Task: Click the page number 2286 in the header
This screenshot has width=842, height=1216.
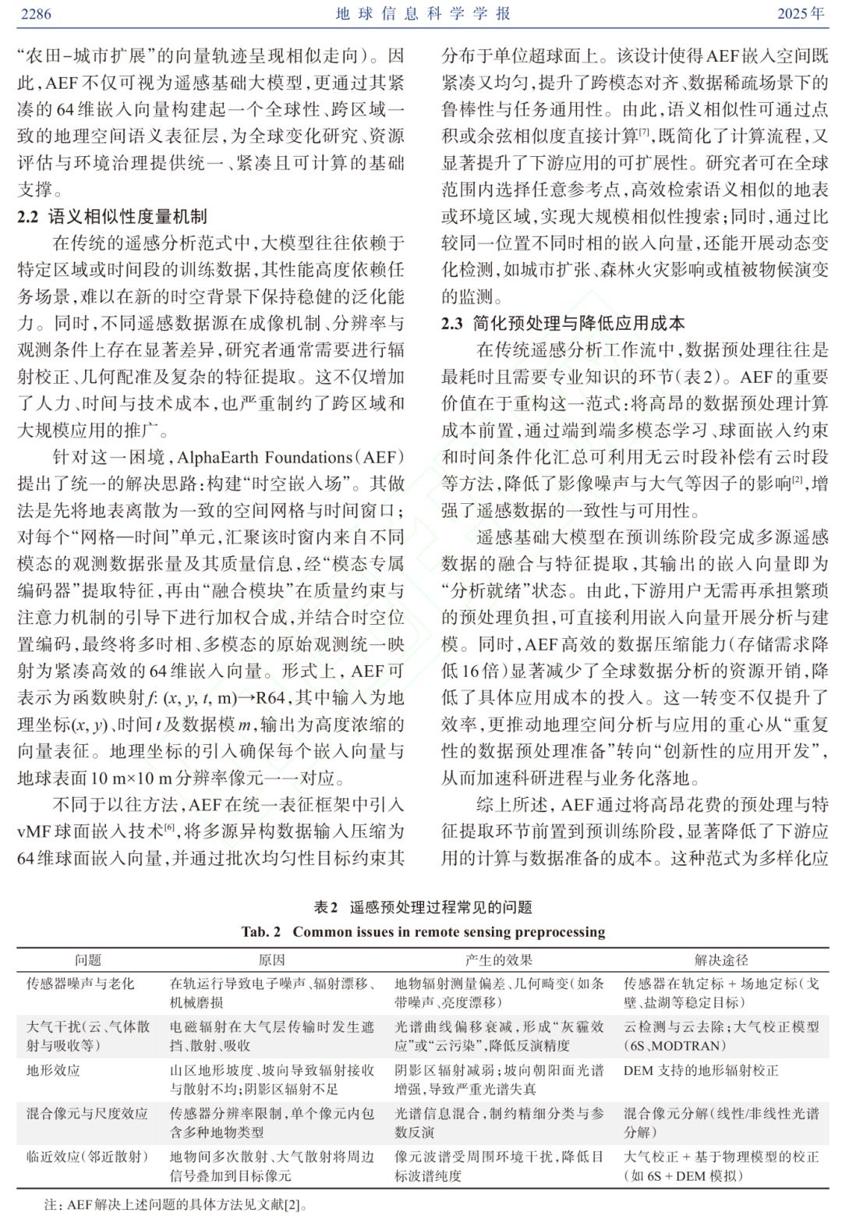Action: pyautogui.click(x=34, y=14)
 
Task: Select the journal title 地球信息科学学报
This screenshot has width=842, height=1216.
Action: pyautogui.click(x=423, y=14)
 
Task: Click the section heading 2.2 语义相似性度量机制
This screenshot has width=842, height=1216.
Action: pyautogui.click(x=112, y=217)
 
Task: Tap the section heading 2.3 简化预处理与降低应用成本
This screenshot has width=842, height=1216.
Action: pyautogui.click(x=563, y=324)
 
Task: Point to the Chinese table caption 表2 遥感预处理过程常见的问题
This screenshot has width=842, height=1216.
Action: pyautogui.click(x=423, y=907)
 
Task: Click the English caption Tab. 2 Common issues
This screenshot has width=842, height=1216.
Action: pyautogui.click(x=423, y=931)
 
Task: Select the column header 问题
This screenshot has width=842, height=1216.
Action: pyautogui.click(x=88, y=960)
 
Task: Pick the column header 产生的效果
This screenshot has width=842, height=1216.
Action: pyautogui.click(x=499, y=960)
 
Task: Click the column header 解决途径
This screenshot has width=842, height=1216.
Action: pyautogui.click(x=721, y=960)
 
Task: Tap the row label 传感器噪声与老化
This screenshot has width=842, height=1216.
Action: pyautogui.click(x=80, y=984)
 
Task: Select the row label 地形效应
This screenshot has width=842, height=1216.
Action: pyautogui.click(x=53, y=1070)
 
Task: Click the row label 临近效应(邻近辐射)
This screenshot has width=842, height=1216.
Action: pyautogui.click(x=87, y=1157)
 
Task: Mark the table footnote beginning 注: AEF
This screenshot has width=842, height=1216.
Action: pyautogui.click(x=175, y=1204)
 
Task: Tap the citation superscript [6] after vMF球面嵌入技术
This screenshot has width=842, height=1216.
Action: pyautogui.click(x=168, y=828)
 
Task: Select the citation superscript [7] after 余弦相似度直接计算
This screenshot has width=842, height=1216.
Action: pyautogui.click(x=644, y=133)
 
